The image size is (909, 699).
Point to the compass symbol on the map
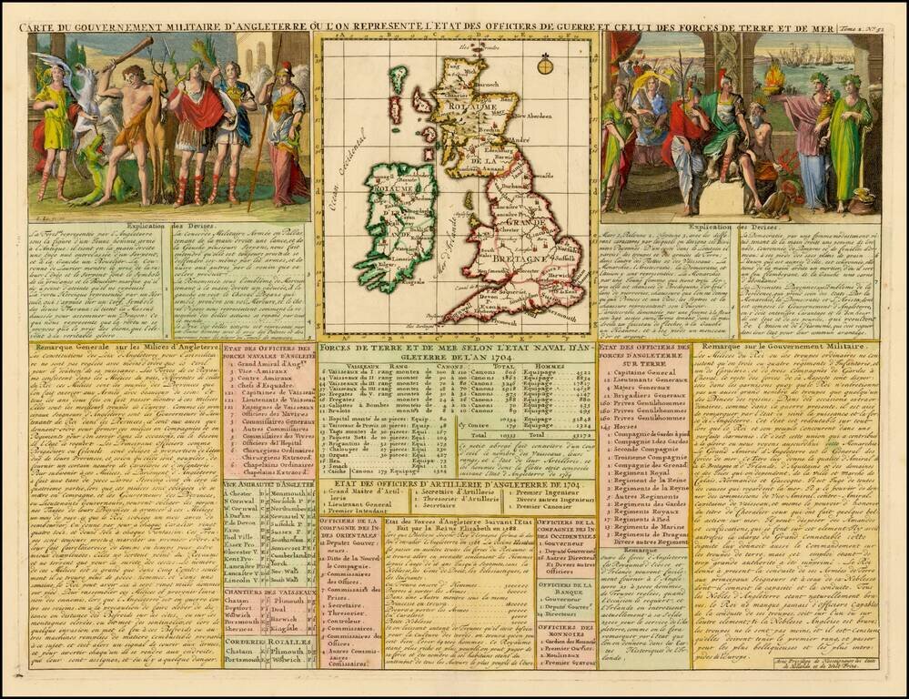pos(545,65)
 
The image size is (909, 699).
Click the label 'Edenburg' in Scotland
pos(499,152)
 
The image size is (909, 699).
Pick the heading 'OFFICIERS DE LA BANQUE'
pos(565,589)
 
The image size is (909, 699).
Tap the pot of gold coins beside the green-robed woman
pos(860,201)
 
